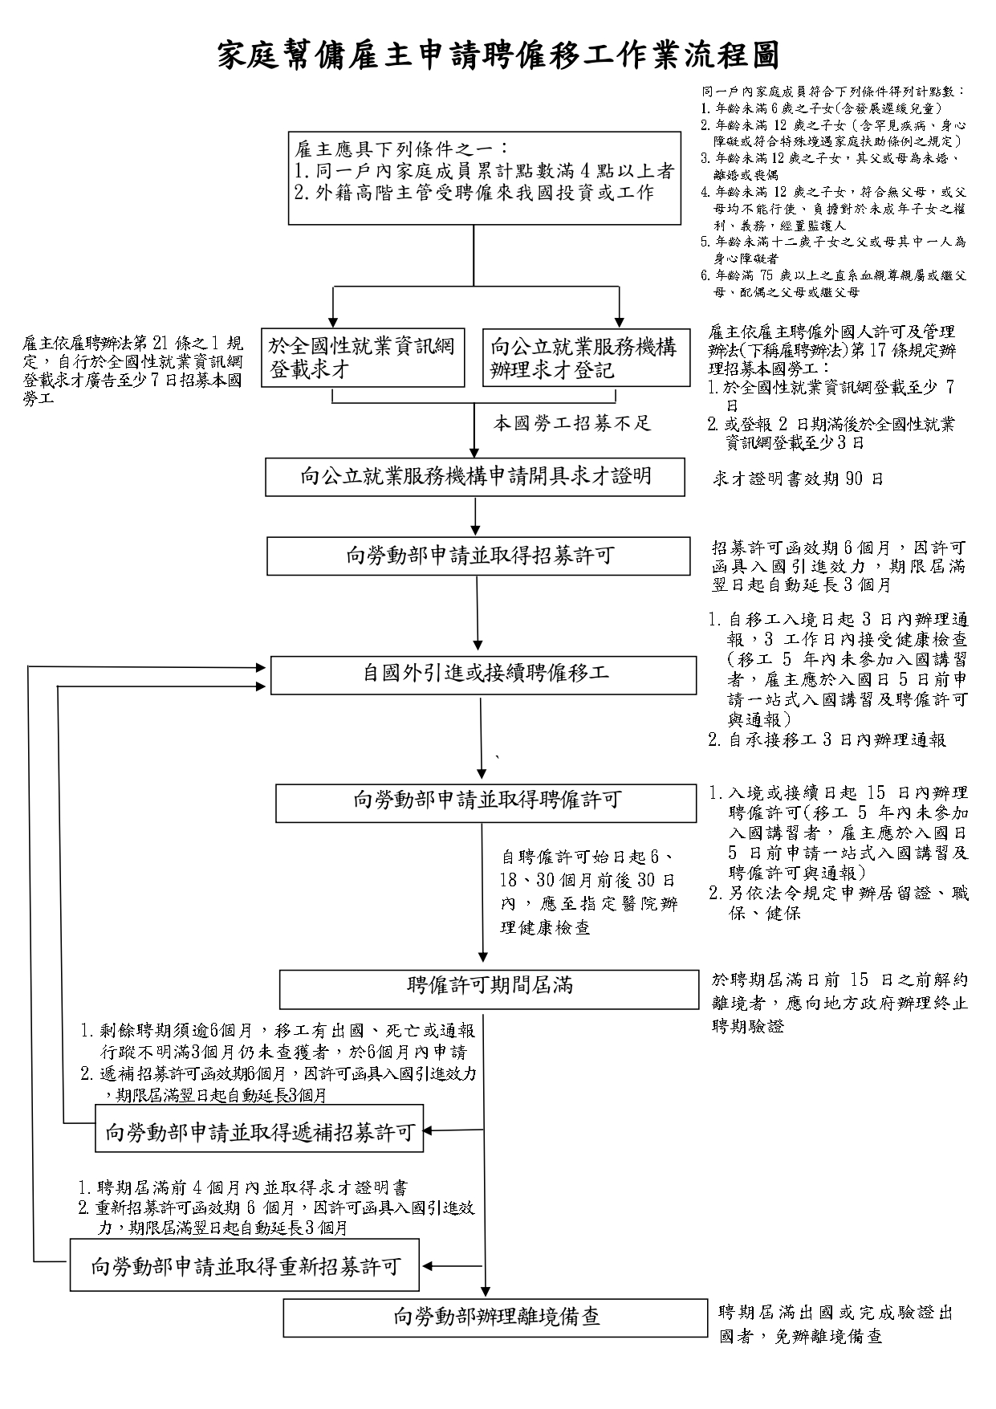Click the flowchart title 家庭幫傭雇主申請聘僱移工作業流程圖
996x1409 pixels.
coord(498,56)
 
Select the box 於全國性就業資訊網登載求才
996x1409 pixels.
coord(363,358)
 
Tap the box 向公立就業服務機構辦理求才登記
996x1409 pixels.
coord(585,358)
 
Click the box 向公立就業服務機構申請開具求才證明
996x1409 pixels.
coord(475,477)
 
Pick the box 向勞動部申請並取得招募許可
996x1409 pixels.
coord(478,556)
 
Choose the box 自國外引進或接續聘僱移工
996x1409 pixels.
coord(483,674)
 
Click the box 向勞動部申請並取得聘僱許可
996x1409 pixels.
coord(486,802)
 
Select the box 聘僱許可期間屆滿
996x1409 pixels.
coord(489,988)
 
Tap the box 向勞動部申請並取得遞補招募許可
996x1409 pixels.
coord(259,1133)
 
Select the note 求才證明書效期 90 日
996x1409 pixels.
coord(798,479)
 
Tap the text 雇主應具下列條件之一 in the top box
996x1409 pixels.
coord(401,149)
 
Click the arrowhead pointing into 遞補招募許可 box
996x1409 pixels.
coord(429,1131)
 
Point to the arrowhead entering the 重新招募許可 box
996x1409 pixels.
coord(429,1266)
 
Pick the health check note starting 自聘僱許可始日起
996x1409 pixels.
coord(589,892)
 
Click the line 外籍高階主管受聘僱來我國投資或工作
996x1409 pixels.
coord(474,193)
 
